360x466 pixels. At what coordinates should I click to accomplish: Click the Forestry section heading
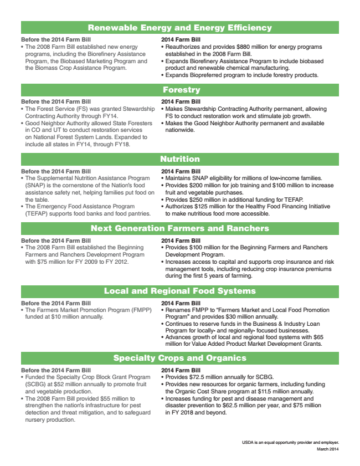pyautogui.click(x=181, y=89)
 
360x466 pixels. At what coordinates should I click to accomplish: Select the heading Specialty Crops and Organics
pyautogui.click(x=180, y=357)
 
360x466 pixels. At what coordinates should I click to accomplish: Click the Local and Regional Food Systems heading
pyautogui.click(x=180, y=290)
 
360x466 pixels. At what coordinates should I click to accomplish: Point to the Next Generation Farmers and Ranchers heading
pyautogui.click(x=180, y=228)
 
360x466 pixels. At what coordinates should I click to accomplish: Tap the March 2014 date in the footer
pyautogui.click(x=327, y=449)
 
